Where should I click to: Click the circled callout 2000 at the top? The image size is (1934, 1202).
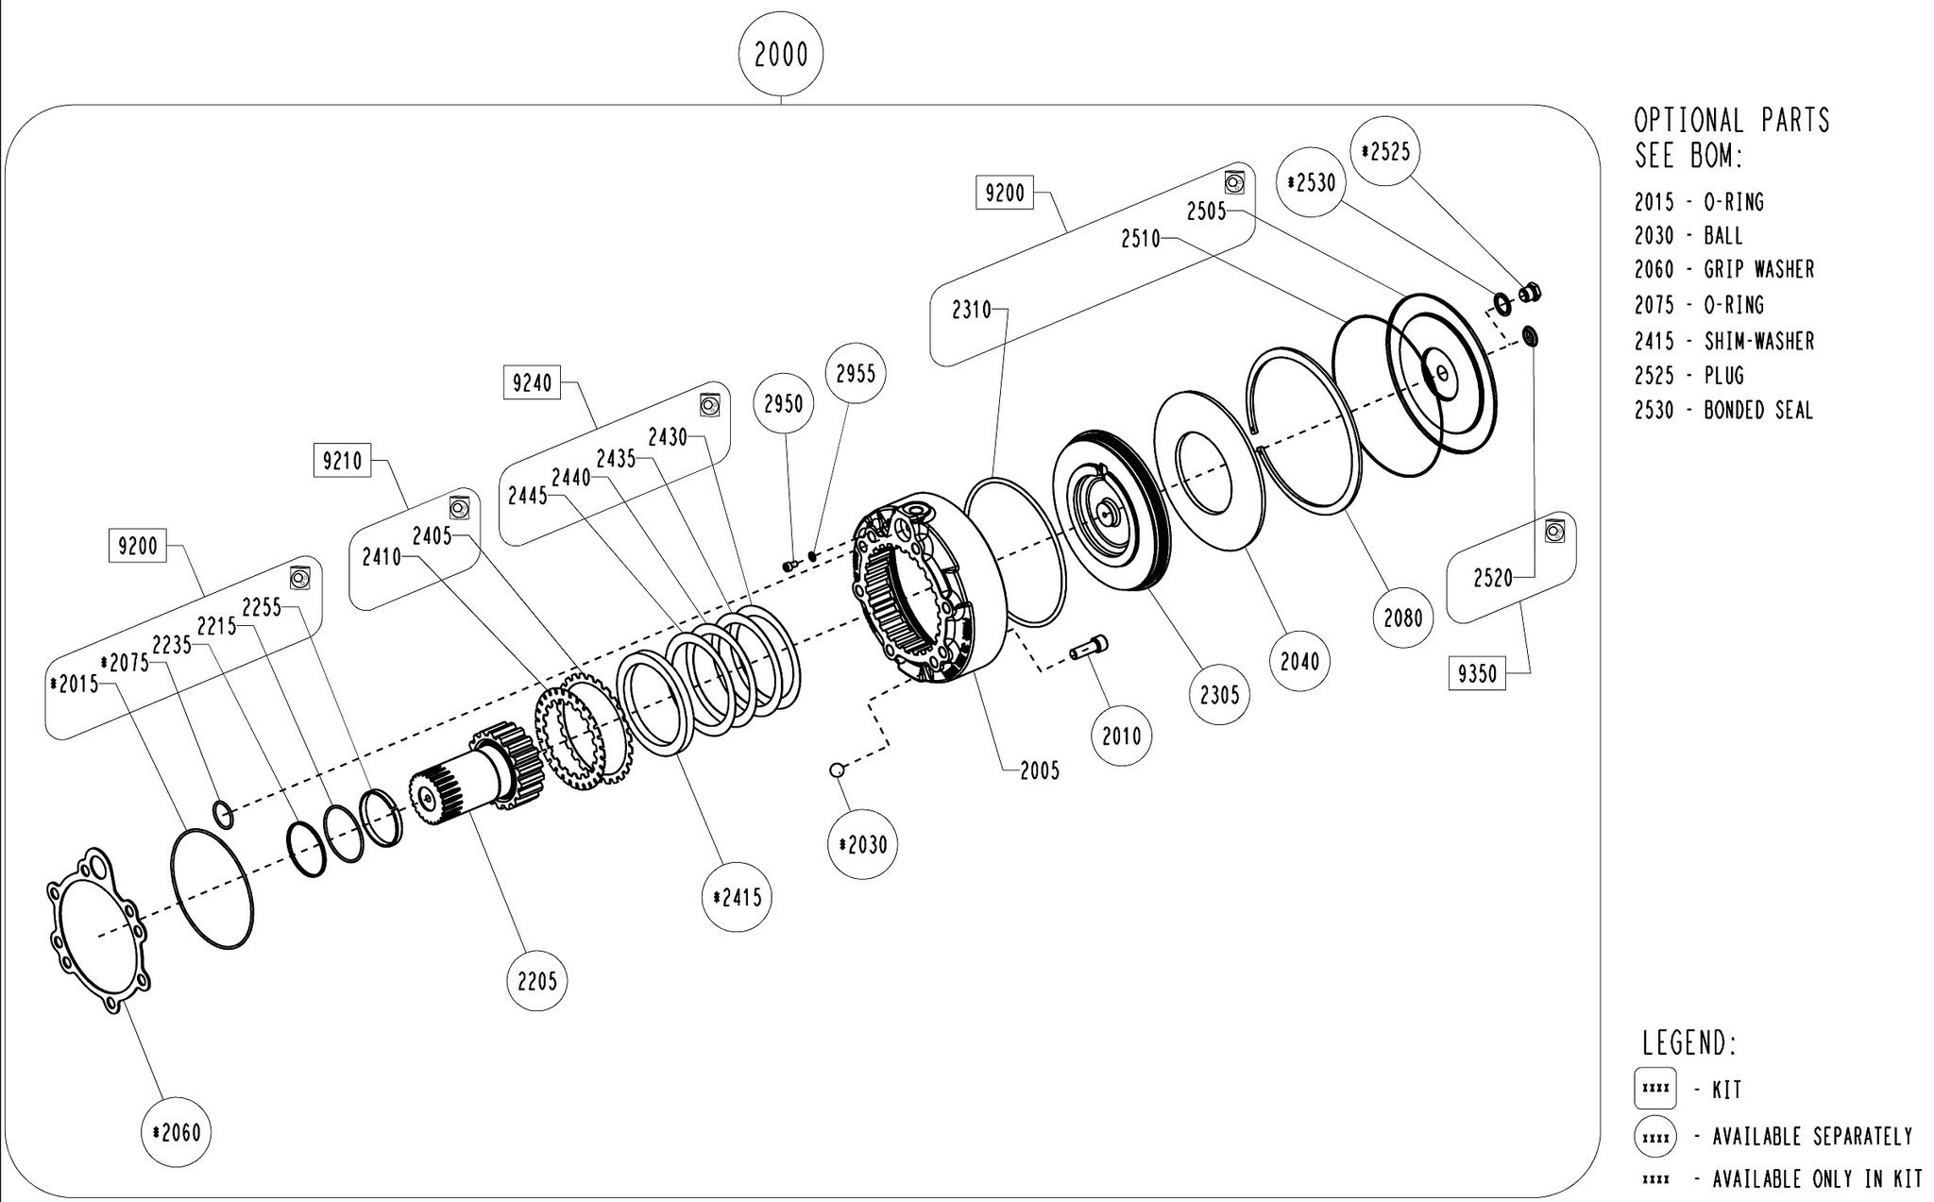pyautogui.click(x=782, y=56)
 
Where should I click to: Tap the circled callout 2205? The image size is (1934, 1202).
pyautogui.click(x=536, y=981)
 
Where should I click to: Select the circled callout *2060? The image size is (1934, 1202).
pyautogui.click(x=176, y=1132)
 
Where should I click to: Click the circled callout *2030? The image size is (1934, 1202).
pyautogui.click(x=862, y=844)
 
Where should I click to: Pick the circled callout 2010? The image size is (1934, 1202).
pyautogui.click(x=1122, y=736)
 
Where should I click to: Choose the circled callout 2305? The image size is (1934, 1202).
pyautogui.click(x=1219, y=695)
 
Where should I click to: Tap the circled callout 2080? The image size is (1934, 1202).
pyautogui.click(x=1402, y=618)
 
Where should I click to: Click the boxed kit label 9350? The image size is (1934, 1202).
pyautogui.click(x=1477, y=674)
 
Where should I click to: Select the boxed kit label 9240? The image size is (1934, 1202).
pyautogui.click(x=532, y=384)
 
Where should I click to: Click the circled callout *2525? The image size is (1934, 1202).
pyautogui.click(x=1385, y=151)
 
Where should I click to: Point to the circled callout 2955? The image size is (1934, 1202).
pyautogui.click(x=856, y=373)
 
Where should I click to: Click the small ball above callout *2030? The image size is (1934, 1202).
pyautogui.click(x=836, y=770)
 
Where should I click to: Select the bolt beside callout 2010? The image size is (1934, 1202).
pyautogui.click(x=1089, y=649)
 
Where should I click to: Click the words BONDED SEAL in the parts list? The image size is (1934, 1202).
pyautogui.click(x=1758, y=411)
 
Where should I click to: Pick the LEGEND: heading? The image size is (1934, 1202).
pyautogui.click(x=1689, y=1043)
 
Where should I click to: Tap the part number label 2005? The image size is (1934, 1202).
pyautogui.click(x=1040, y=770)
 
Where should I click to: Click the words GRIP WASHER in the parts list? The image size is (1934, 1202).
pyautogui.click(x=1758, y=270)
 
